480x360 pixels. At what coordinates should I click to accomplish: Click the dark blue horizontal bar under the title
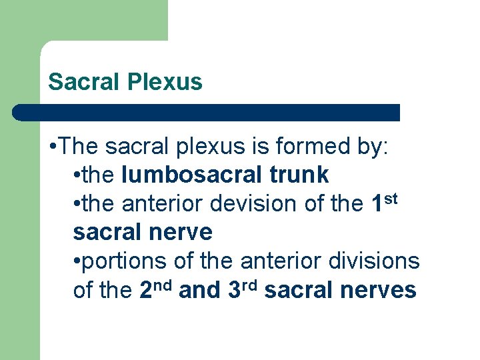click(206, 112)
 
